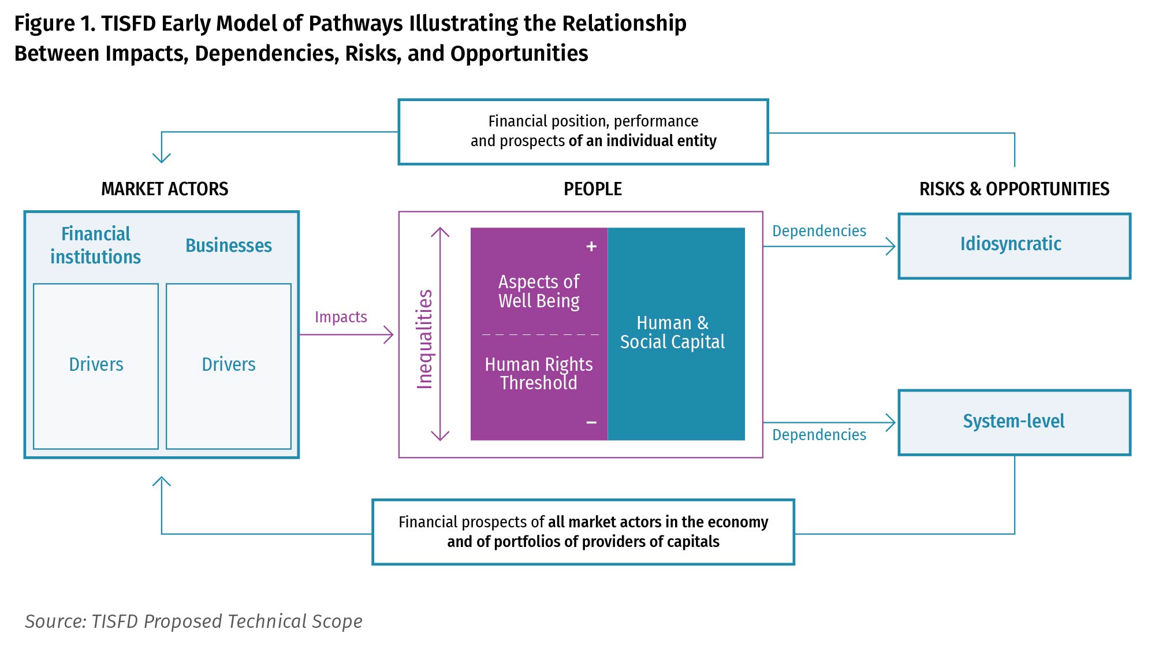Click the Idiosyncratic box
[x=1014, y=245]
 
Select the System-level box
[x=1014, y=422]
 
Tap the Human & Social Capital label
[x=672, y=332]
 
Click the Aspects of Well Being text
[x=539, y=291]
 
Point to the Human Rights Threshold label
[x=539, y=373]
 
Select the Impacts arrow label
[x=341, y=317]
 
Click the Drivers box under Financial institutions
[x=96, y=366]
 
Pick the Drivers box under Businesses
[x=229, y=366]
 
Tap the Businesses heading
[x=229, y=245]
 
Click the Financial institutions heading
[x=96, y=245]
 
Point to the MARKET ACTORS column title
[x=165, y=189]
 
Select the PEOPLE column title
[x=593, y=189]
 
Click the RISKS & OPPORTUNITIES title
[x=1014, y=189]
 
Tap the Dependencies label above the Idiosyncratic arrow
[x=819, y=231]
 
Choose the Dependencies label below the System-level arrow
[x=819, y=435]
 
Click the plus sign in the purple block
[x=591, y=247]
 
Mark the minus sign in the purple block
[x=591, y=423]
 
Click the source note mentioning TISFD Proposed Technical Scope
[x=193, y=621]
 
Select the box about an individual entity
[x=583, y=132]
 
